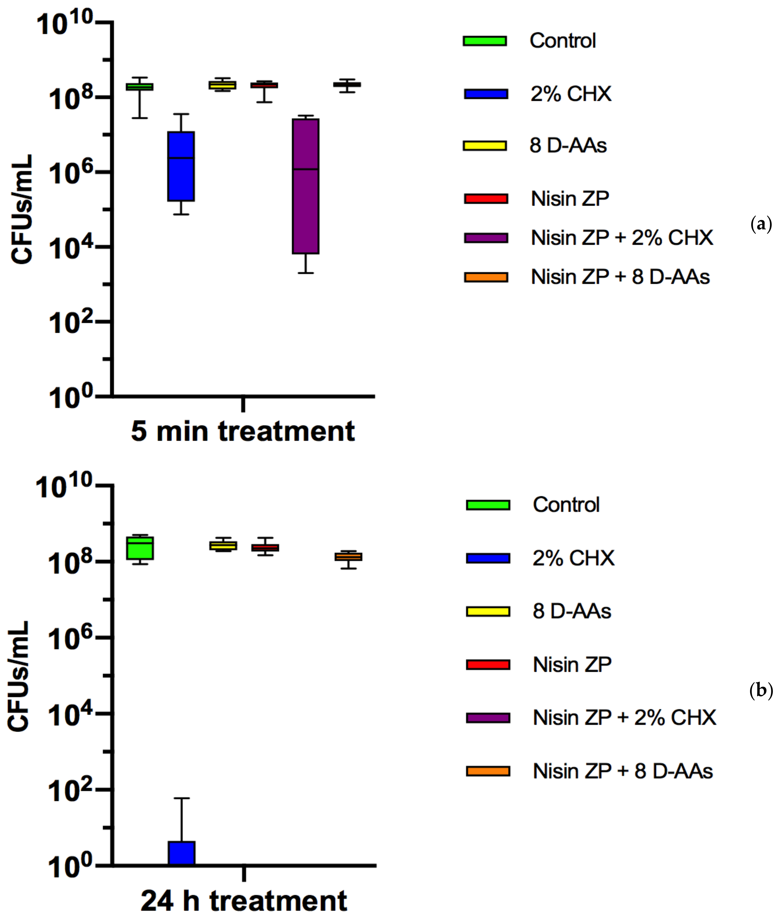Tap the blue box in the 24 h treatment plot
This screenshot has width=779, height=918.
tap(181, 853)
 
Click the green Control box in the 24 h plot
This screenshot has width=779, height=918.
tap(140, 548)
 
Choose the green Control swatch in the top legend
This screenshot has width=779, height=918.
tap(484, 41)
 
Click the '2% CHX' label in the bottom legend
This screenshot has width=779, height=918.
tap(573, 558)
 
